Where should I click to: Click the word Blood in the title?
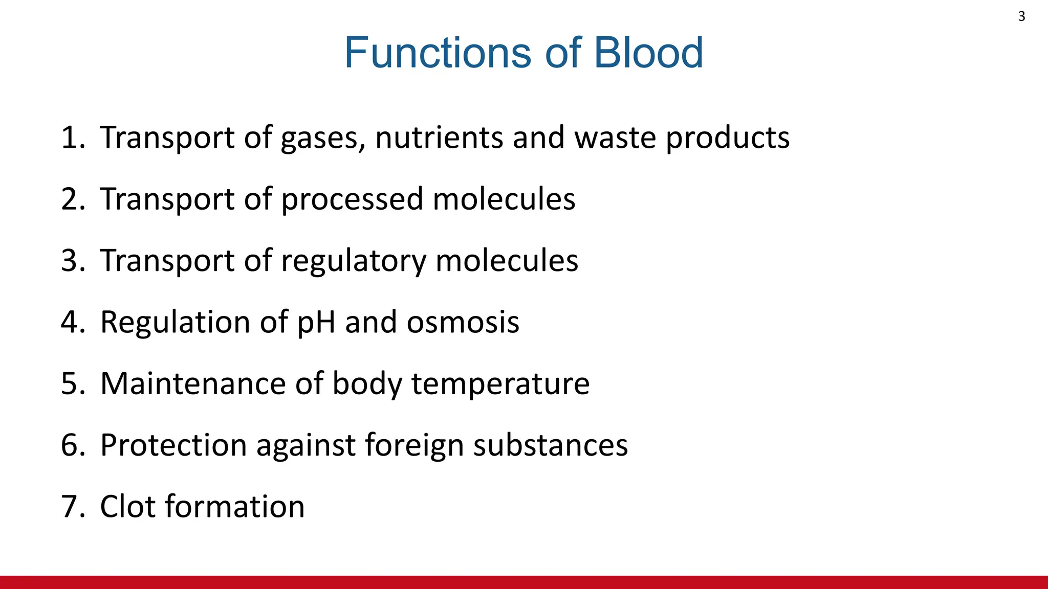pos(648,53)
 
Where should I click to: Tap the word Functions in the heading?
pos(439,53)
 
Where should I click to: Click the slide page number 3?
pos(1021,16)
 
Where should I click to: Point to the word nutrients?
pos(439,138)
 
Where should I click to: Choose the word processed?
pos(352,199)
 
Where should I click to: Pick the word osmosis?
pos(463,323)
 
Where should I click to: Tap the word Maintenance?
pos(193,383)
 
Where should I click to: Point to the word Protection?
pos(173,445)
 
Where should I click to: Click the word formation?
pos(235,507)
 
